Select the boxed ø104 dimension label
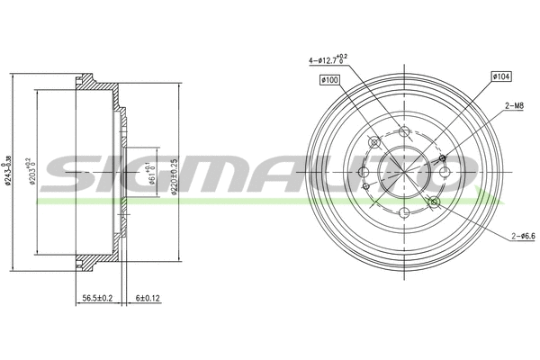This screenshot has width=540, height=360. (x=501, y=76)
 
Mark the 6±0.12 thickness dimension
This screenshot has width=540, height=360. (x=148, y=298)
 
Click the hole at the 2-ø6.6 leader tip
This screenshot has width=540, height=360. (x=433, y=202)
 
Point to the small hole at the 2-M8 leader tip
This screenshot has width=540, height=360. (x=442, y=159)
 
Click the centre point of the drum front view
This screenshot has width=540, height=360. (x=402, y=172)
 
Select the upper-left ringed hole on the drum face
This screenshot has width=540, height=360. (x=373, y=142)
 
